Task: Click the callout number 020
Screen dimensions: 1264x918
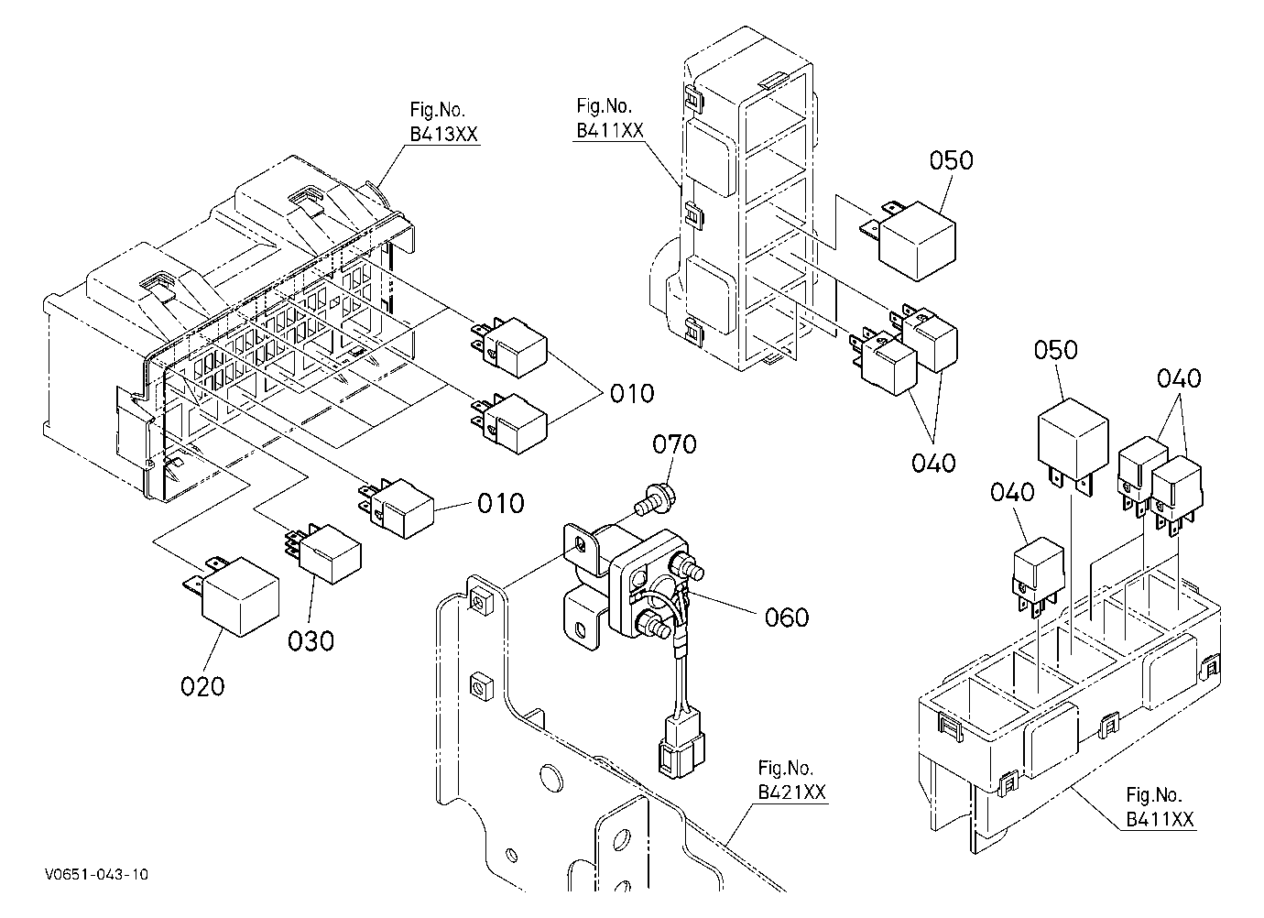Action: click(202, 686)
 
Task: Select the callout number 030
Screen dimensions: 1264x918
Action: click(311, 640)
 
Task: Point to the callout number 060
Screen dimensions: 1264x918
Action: click(787, 617)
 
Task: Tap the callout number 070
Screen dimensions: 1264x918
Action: click(674, 444)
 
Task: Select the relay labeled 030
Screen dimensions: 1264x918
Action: click(324, 552)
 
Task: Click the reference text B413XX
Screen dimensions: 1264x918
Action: click(443, 135)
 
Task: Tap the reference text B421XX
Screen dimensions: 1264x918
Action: click(791, 792)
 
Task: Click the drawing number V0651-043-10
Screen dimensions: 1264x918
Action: click(96, 875)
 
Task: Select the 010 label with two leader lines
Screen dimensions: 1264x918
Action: click(632, 394)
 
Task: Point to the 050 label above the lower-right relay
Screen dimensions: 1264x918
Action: click(1055, 350)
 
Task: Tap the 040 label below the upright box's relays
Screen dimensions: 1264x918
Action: click(933, 464)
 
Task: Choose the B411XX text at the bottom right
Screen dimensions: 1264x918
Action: click(1160, 819)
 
